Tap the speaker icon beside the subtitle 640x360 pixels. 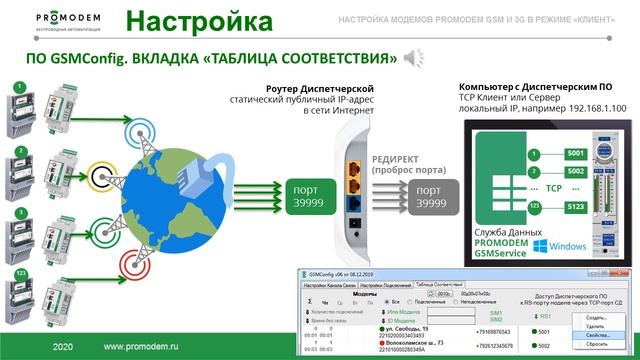(411, 58)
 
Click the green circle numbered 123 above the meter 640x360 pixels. (21, 271)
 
